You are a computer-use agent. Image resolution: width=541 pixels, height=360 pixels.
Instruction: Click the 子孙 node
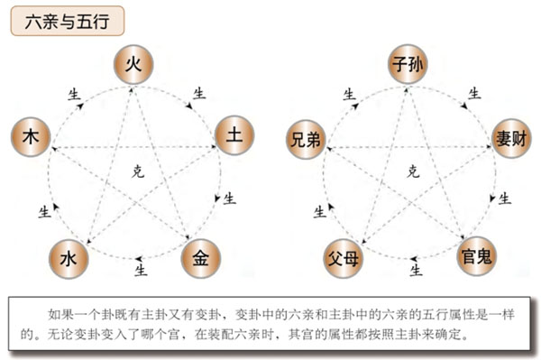coord(408,65)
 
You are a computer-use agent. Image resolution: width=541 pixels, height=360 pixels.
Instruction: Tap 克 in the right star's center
coord(412,171)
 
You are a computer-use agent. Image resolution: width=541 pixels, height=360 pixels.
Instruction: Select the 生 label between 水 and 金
coord(140,268)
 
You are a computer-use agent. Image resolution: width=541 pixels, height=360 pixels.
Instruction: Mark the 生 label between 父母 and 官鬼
coord(415,268)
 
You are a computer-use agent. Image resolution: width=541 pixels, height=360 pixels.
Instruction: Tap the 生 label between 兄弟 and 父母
coord(318,211)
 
